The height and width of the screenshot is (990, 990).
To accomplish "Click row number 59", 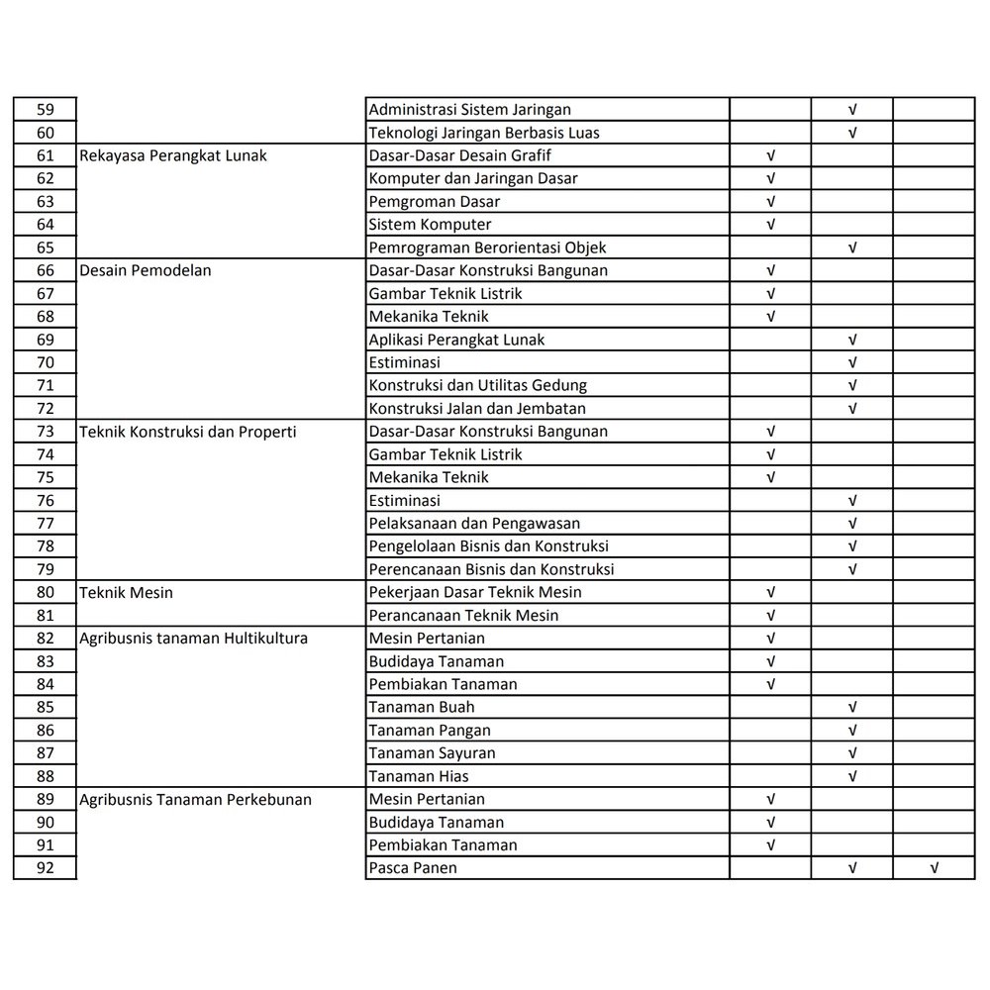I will click(45, 110).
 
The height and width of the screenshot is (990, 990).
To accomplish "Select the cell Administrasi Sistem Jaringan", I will click(469, 110).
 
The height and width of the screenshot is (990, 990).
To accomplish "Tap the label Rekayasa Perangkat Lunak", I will click(173, 155).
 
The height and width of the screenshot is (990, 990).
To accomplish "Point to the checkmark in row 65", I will click(852, 247).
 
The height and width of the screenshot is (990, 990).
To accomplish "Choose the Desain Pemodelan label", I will click(146, 270).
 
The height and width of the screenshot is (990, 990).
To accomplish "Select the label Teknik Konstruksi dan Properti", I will click(188, 432).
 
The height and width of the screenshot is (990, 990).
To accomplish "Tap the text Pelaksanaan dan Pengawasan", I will click(474, 523).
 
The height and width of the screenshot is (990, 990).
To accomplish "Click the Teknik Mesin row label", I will click(127, 592).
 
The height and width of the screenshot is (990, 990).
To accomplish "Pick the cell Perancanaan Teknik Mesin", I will click(463, 615).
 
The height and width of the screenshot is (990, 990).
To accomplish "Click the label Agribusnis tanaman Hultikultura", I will click(194, 639).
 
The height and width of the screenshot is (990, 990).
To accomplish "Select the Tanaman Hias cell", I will click(419, 776).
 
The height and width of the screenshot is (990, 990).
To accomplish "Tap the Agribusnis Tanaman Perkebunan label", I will click(196, 799).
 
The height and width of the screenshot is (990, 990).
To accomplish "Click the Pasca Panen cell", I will click(413, 868).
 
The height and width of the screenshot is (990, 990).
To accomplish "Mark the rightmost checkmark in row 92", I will click(934, 868).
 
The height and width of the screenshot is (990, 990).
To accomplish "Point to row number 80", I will click(45, 592).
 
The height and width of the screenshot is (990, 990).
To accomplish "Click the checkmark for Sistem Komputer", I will click(771, 225).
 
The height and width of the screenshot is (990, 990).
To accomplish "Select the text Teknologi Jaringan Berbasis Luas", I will click(484, 133).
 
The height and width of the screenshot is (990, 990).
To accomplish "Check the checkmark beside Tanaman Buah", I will click(852, 707).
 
